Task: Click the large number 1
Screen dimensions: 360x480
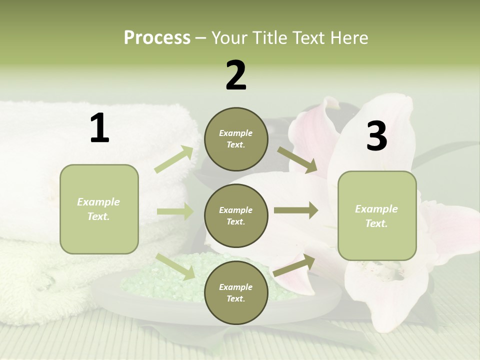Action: (99, 128)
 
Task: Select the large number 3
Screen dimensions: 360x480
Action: (376, 136)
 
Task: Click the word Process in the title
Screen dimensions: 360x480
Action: (157, 37)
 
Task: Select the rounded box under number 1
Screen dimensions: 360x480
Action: (99, 209)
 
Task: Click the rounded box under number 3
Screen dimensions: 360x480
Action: (377, 215)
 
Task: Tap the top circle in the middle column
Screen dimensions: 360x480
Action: (236, 139)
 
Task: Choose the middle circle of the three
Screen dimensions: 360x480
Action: (236, 216)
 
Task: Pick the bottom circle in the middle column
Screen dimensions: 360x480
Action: (236, 293)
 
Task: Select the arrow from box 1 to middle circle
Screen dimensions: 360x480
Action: (175, 211)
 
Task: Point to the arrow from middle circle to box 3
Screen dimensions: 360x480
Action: (296, 210)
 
